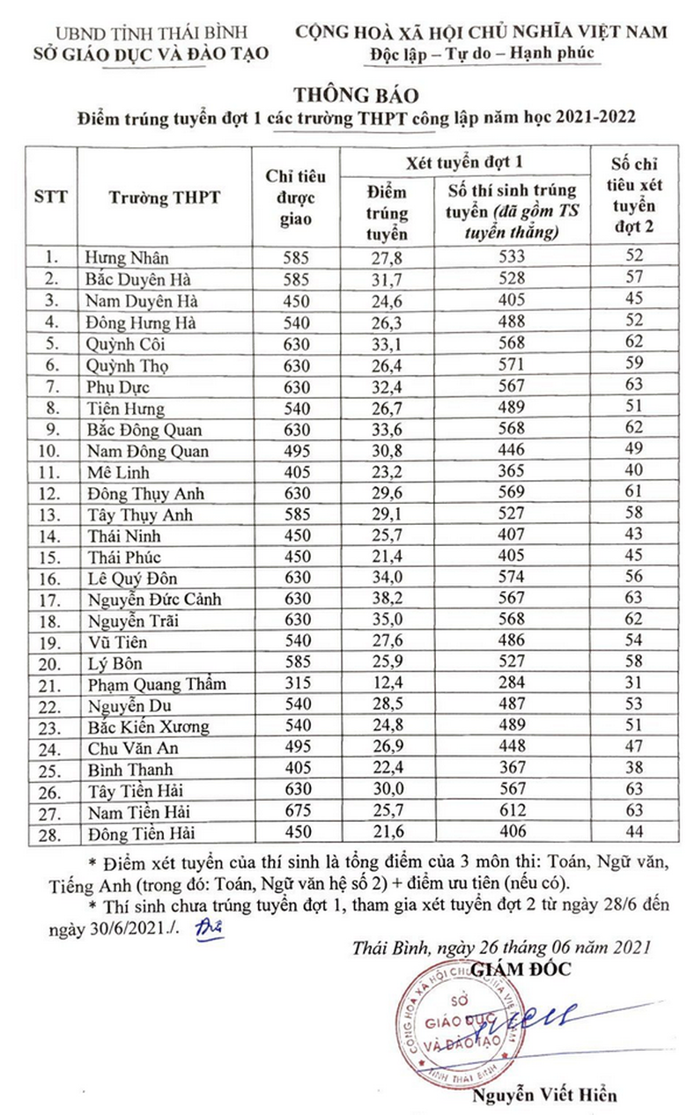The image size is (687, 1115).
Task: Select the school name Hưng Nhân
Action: tap(127, 258)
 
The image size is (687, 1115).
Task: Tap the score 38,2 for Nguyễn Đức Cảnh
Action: tap(387, 600)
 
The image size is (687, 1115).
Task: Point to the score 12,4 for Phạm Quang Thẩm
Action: tap(387, 684)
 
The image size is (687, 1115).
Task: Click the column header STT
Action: tap(51, 197)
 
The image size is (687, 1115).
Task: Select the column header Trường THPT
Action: tap(165, 197)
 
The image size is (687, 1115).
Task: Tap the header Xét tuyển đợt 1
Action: tap(464, 162)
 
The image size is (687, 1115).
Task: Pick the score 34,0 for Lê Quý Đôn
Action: tap(387, 579)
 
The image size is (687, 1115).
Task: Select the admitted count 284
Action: tap(511, 684)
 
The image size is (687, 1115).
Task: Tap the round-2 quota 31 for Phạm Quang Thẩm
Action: tap(633, 684)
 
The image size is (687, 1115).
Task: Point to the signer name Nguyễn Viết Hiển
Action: tap(544, 1096)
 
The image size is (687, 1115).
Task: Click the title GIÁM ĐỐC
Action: tap(521, 969)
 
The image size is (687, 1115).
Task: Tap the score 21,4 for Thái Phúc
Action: tap(387, 557)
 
